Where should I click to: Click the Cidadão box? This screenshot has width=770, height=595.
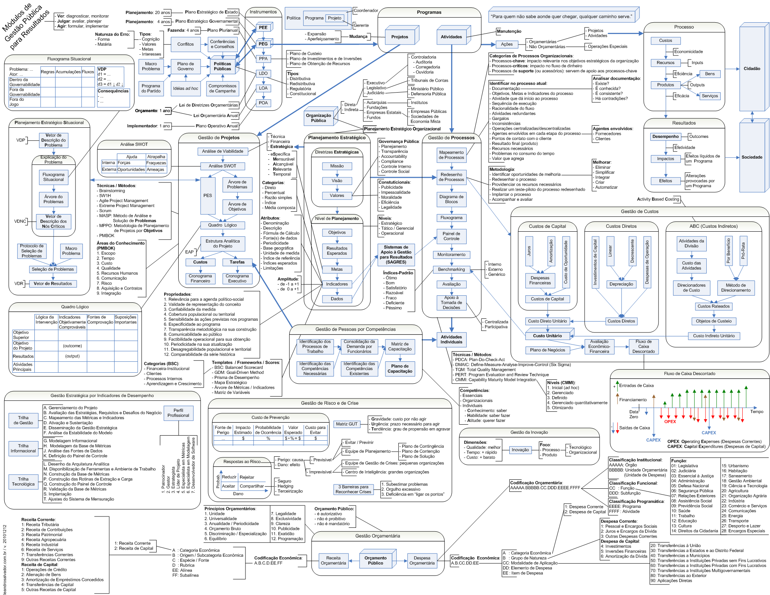(x=751, y=68)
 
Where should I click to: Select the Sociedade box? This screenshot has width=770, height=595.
(x=751, y=157)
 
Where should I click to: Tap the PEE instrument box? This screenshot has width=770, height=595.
(x=263, y=28)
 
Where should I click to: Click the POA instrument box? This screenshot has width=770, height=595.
(x=263, y=103)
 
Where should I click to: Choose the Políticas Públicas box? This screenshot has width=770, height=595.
(x=222, y=66)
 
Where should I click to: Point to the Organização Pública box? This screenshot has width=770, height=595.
(x=318, y=118)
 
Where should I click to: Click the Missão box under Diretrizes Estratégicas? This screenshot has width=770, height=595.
(x=337, y=166)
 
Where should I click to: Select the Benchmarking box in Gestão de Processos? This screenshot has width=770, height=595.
(x=451, y=270)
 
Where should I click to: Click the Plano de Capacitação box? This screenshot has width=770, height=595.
(x=399, y=369)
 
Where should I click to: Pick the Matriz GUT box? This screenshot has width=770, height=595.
(x=346, y=424)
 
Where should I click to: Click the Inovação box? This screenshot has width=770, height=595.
(x=520, y=450)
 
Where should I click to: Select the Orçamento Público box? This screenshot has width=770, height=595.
(x=375, y=561)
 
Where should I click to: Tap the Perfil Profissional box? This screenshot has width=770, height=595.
(x=178, y=413)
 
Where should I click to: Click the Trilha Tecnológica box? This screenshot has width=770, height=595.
(x=23, y=482)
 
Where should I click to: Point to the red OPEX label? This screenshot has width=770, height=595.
(x=670, y=422)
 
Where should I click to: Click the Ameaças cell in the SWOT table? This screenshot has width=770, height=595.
(x=156, y=170)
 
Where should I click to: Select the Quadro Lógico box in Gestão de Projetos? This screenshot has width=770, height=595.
(x=222, y=225)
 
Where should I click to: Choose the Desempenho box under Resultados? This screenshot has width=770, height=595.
(x=665, y=137)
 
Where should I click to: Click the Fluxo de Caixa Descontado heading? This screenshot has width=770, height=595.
(x=689, y=374)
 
